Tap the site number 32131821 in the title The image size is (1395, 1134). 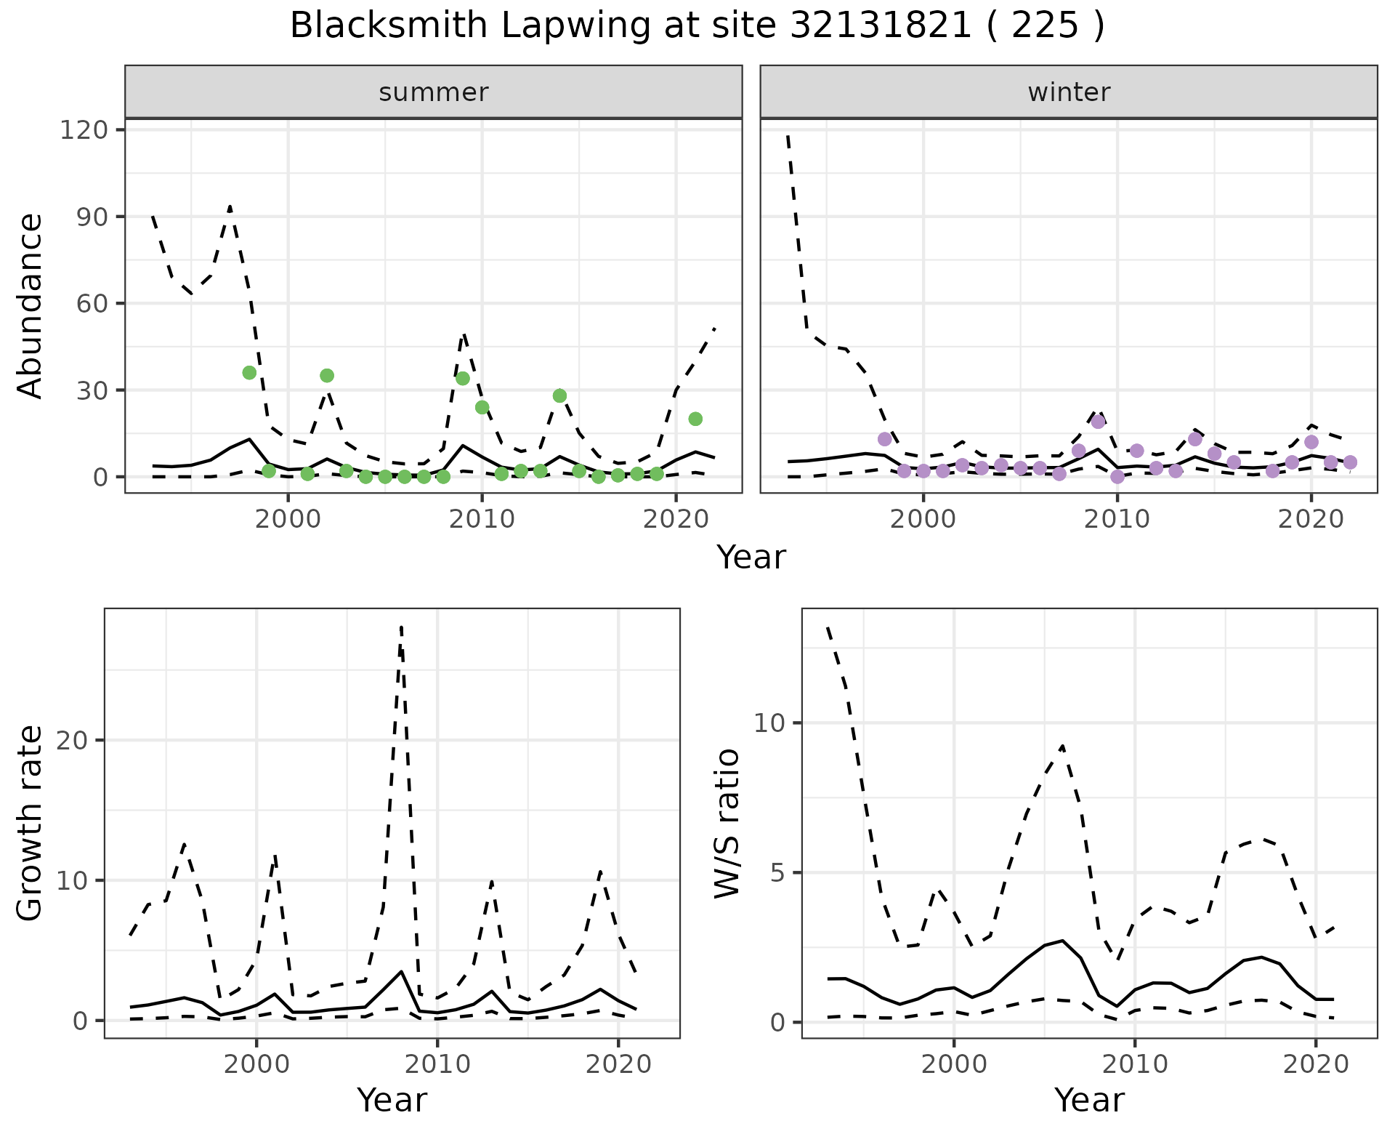pos(879,26)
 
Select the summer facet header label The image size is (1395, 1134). pos(434,92)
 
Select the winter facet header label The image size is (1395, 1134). pos(1069,92)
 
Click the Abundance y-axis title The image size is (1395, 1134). pos(31,305)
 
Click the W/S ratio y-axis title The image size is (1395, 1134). pos(727,824)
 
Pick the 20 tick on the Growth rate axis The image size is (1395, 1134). pos(76,740)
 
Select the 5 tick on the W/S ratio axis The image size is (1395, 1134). pos(779,872)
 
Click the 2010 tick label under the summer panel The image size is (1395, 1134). pos(482,520)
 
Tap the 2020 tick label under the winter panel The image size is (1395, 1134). pos(1311,520)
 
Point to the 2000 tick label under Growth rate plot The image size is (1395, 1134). pos(256,1065)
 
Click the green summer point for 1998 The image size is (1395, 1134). pos(249,373)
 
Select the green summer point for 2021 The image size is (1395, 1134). pos(695,419)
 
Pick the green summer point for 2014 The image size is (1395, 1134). pos(559,395)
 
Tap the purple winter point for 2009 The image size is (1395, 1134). pos(1098,422)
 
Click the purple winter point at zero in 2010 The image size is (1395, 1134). pos(1117,477)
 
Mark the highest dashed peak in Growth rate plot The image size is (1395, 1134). pos(401,626)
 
